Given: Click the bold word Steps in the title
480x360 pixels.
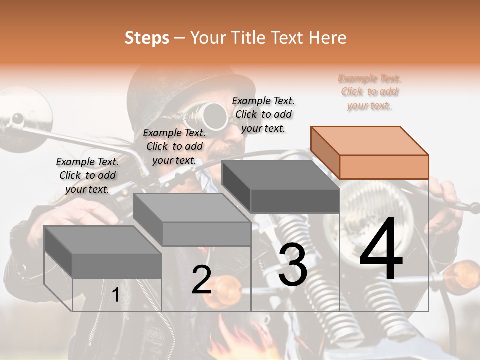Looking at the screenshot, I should [147, 38].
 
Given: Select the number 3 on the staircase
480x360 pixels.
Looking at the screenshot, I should [293, 266].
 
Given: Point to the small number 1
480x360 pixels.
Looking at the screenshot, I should [115, 295].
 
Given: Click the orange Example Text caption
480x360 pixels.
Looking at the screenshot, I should [370, 92].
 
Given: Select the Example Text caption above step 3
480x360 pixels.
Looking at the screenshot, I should [263, 114].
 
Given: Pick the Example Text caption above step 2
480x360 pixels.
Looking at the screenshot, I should [174, 146].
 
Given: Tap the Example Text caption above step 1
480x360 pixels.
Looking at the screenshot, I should [87, 175].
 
